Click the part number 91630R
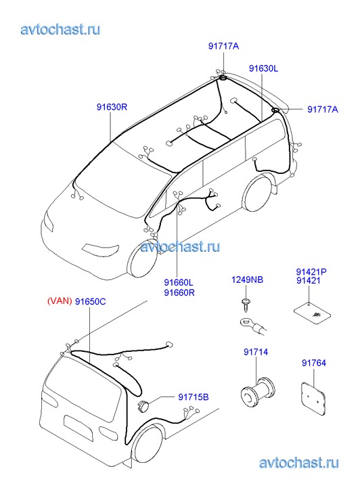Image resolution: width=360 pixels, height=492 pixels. [x=112, y=108]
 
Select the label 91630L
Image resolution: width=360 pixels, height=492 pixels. [x=263, y=68]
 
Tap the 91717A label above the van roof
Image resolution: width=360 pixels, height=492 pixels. [x=223, y=46]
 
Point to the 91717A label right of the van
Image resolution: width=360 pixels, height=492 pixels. [x=323, y=109]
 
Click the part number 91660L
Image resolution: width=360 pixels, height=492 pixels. [x=179, y=282]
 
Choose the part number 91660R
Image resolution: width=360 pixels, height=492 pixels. [x=179, y=292]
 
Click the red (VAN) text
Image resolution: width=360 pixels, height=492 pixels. [x=60, y=301]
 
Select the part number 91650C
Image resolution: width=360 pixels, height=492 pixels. [x=91, y=302]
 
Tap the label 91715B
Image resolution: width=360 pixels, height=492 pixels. [x=194, y=397]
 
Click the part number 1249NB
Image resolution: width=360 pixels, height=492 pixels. [x=247, y=279]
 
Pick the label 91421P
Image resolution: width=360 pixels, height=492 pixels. [x=311, y=272]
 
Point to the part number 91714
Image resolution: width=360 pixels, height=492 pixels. [x=256, y=352]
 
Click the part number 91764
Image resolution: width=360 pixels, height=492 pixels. [x=314, y=363]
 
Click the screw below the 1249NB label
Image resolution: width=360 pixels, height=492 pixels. [x=245, y=305]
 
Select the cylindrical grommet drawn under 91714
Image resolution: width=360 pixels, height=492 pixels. [x=258, y=392]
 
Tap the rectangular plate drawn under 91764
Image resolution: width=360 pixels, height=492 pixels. [x=313, y=397]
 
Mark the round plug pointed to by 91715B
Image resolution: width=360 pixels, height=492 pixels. [x=143, y=405]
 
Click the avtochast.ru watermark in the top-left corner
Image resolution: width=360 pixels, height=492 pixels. [x=61, y=30]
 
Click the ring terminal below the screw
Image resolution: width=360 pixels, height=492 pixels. [x=253, y=326]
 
